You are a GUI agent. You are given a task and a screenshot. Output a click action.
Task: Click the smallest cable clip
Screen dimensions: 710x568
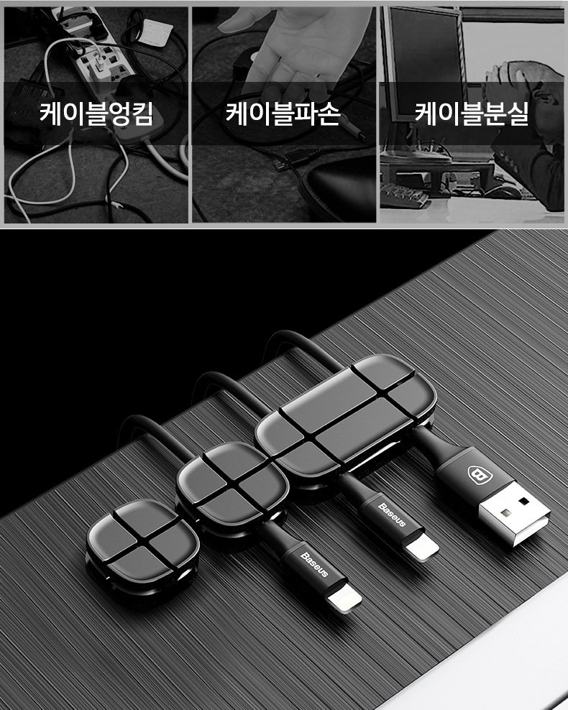click(x=137, y=543)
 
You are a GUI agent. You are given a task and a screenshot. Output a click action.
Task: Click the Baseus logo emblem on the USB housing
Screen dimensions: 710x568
click(x=477, y=474)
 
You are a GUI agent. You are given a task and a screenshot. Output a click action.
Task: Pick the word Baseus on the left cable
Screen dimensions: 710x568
click(x=314, y=564)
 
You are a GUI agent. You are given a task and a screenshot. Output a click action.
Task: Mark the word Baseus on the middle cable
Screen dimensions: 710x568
click(x=392, y=515)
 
